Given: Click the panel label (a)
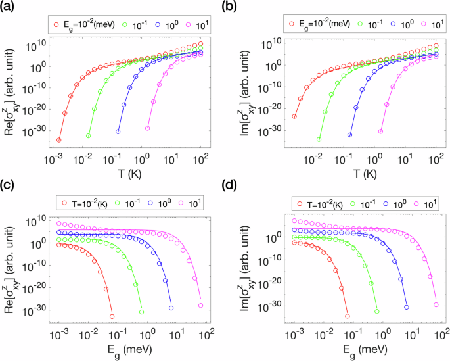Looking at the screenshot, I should coord(10,9).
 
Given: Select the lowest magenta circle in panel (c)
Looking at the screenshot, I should coord(201,306).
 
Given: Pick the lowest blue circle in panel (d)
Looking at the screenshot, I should coord(407,307).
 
